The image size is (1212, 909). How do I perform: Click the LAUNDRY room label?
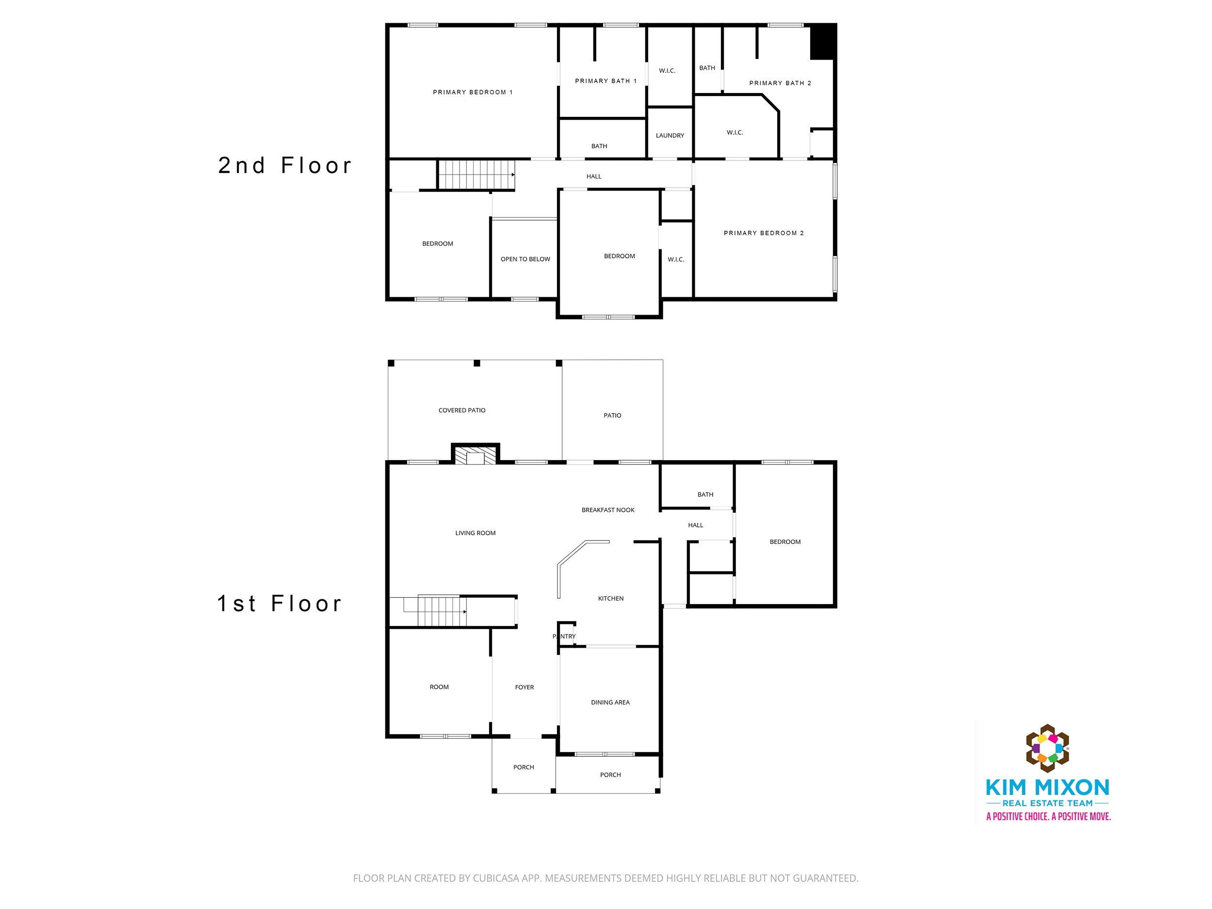tap(670, 135)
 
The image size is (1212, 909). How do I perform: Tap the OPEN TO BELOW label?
tap(525, 259)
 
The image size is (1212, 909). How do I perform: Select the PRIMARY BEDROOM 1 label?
tap(472, 92)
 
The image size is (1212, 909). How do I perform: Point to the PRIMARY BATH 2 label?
tap(780, 83)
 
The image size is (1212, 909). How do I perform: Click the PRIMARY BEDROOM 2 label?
tap(763, 233)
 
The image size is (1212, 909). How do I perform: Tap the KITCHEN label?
tap(610, 598)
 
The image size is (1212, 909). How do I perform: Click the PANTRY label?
tap(564, 636)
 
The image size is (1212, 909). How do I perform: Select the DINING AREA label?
tap(610, 702)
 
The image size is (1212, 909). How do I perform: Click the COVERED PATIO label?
tap(462, 411)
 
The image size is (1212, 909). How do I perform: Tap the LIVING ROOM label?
tap(475, 533)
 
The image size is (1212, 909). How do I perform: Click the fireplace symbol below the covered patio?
tap(475, 454)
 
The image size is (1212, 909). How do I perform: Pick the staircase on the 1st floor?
tap(442, 611)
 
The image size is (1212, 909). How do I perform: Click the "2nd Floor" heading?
tap(285, 165)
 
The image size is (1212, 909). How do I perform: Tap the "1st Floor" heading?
tap(279, 604)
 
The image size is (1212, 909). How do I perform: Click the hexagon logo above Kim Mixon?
tap(1047, 749)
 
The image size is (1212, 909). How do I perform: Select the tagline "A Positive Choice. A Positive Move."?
tap(1048, 816)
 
